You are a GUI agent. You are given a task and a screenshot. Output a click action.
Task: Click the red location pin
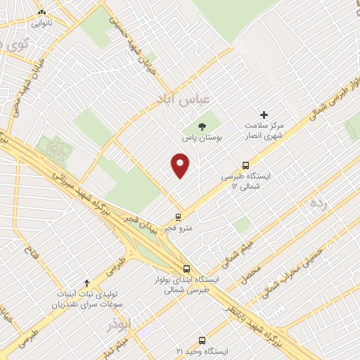tap(181, 166)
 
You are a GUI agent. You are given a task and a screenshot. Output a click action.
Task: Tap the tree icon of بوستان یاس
tap(202, 127)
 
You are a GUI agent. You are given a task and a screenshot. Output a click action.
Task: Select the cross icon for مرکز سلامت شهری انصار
tap(264, 114)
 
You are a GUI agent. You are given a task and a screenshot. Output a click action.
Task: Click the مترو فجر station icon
tap(179, 217)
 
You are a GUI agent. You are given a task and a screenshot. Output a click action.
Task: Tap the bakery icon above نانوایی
tap(41, 12)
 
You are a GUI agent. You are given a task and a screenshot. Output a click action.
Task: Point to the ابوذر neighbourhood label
tap(119, 324)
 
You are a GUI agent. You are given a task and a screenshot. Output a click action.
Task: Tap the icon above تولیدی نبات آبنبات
tap(86, 282)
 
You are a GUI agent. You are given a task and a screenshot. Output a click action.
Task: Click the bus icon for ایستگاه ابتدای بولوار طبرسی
tap(186, 269)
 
